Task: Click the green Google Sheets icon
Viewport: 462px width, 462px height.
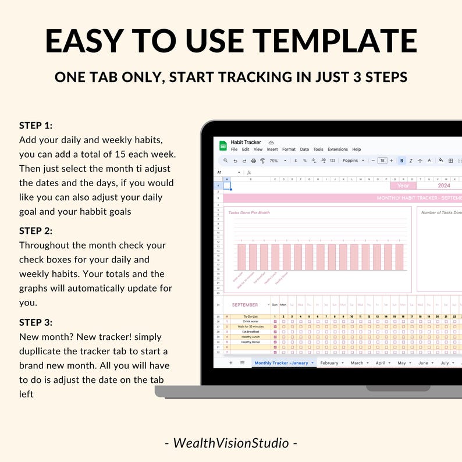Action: tap(223, 145)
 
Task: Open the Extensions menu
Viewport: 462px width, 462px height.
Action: tap(337, 150)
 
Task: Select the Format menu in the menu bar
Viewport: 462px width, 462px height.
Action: tap(289, 150)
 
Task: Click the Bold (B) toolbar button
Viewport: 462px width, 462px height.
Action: tap(401, 161)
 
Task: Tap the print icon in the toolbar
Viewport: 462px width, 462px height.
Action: tap(253, 161)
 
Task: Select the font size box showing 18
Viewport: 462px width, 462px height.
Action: tap(382, 161)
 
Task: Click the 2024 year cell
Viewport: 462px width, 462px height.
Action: tap(443, 186)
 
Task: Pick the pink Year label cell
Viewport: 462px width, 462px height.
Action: tap(403, 186)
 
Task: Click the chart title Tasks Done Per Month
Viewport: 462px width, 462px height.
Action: tap(249, 212)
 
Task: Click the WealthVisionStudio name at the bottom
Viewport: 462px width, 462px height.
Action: tap(231, 443)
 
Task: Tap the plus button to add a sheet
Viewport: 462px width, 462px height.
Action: tap(230, 363)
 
